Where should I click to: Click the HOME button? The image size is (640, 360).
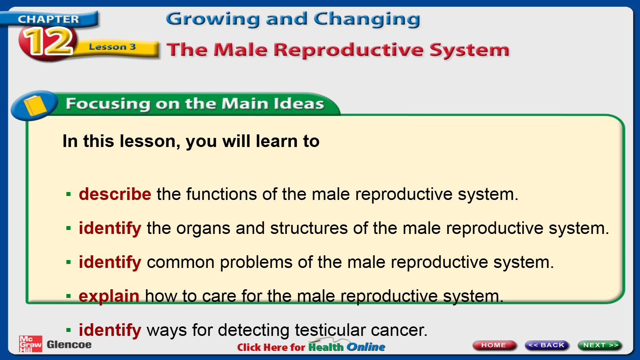click(494, 345)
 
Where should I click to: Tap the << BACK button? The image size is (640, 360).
click(547, 345)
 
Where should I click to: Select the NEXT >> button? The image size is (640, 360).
click(600, 345)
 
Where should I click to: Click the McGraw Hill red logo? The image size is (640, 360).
click(30, 344)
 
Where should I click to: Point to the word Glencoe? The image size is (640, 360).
click(69, 345)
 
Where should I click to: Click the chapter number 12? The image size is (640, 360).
click(48, 42)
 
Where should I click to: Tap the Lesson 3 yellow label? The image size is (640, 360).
click(113, 47)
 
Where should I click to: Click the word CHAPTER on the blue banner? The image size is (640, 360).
click(48, 19)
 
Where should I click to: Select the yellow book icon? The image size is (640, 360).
click(35, 105)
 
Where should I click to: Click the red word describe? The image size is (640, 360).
click(115, 194)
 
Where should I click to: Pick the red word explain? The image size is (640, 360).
click(109, 296)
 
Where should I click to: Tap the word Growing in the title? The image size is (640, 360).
click(213, 19)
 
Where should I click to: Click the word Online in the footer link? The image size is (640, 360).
click(366, 347)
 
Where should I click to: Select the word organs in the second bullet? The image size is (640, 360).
click(203, 229)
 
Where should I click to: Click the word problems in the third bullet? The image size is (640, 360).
click(256, 262)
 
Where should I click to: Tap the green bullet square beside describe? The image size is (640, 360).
click(68, 194)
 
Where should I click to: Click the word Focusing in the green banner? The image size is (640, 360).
click(108, 104)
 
